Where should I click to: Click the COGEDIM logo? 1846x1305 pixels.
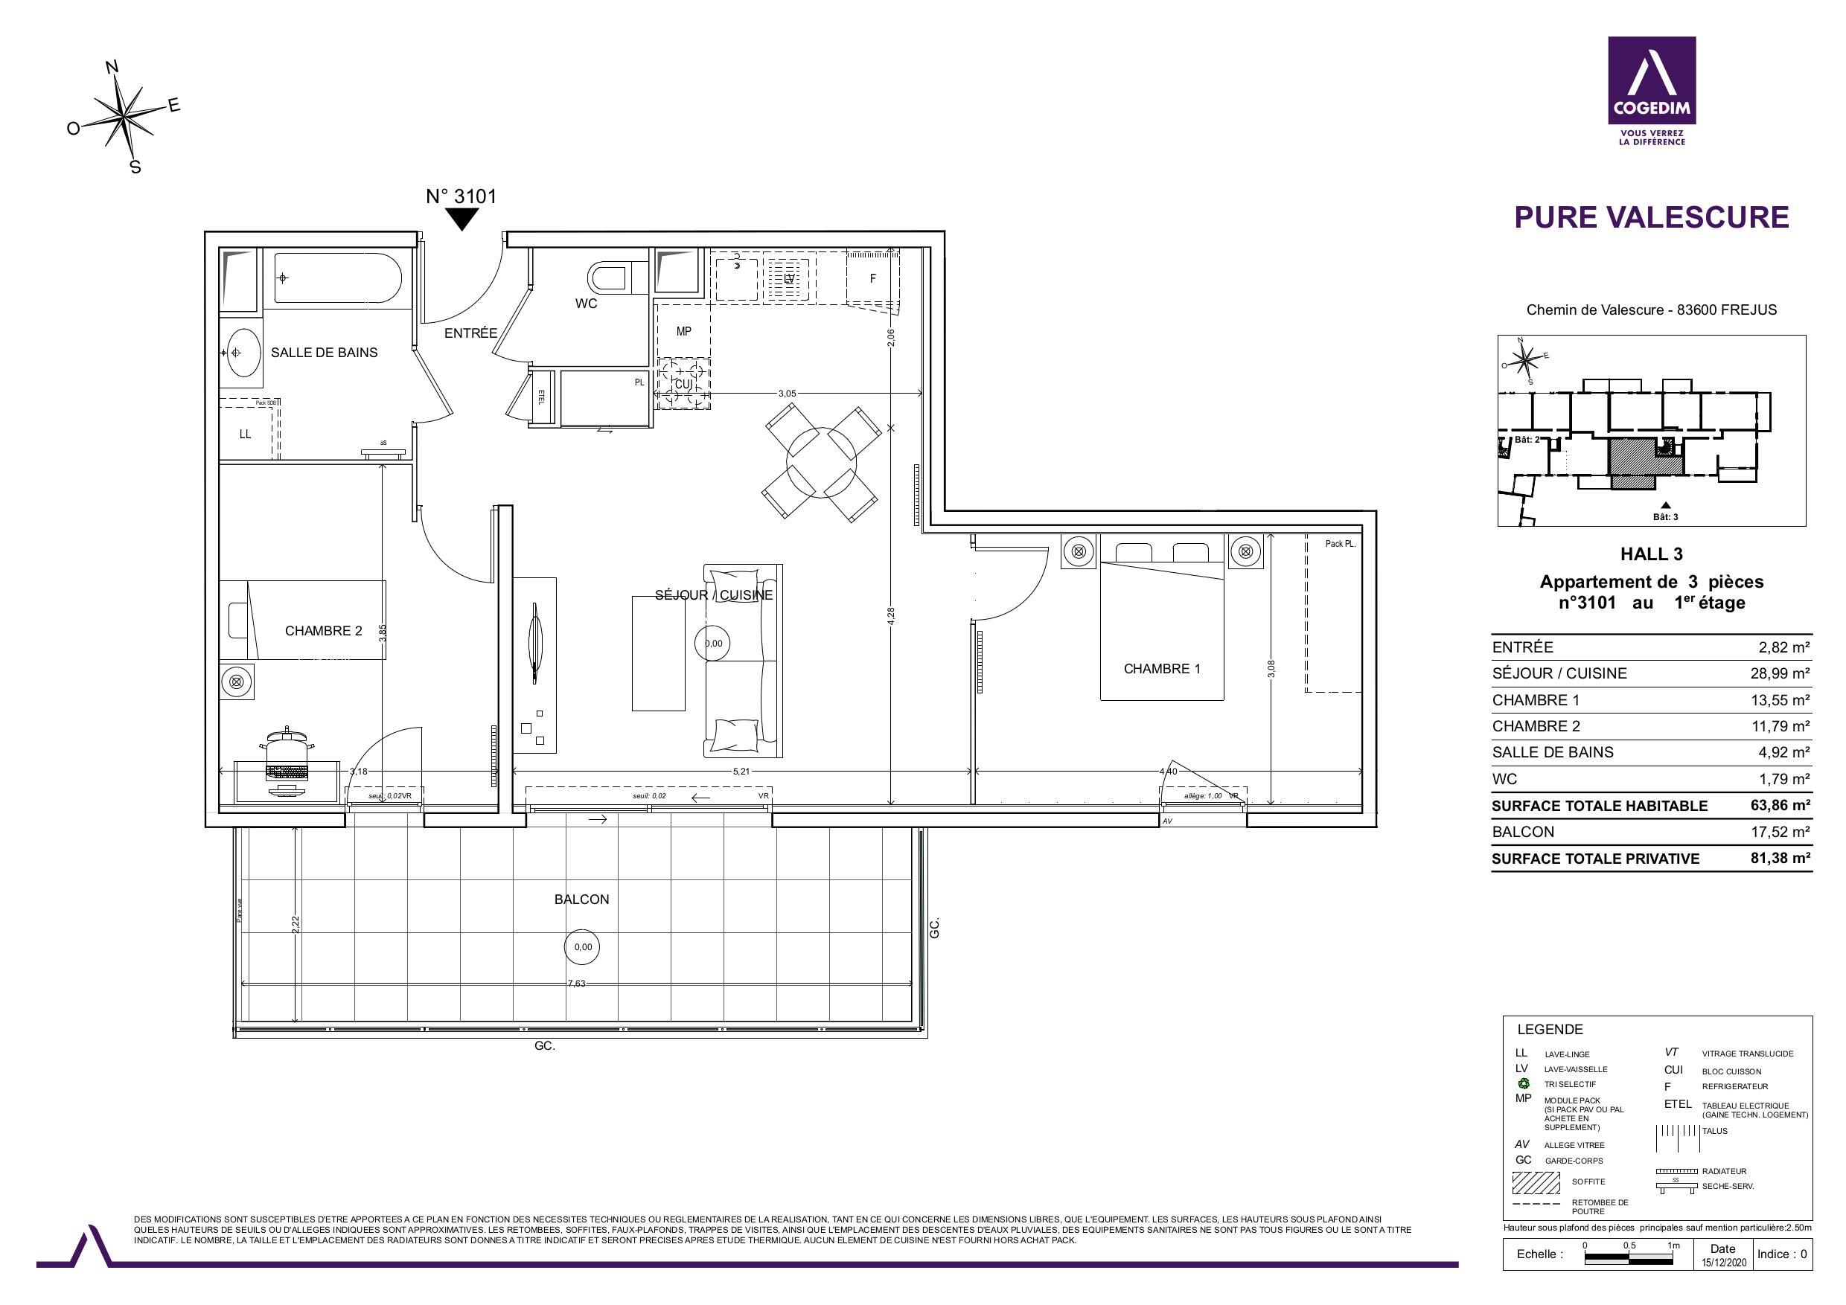point(1652,91)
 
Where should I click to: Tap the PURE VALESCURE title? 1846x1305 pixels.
point(1652,217)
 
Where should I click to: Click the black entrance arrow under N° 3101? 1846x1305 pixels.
point(461,219)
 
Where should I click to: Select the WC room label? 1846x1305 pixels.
point(585,304)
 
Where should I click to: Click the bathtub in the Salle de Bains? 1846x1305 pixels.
point(338,278)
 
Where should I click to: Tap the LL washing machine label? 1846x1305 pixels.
point(245,434)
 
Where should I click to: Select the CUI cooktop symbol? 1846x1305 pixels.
point(683,383)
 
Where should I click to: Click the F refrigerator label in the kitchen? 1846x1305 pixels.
point(872,279)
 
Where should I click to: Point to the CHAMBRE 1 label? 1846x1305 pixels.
point(1162,669)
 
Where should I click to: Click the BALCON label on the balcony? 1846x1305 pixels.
point(581,900)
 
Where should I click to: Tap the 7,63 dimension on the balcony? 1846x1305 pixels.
point(576,983)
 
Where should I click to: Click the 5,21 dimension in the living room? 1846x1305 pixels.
point(741,772)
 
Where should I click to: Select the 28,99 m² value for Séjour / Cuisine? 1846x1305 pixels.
point(1779,673)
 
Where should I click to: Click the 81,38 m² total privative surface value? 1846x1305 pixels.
point(1779,857)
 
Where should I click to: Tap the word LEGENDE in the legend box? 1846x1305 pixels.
point(1549,1030)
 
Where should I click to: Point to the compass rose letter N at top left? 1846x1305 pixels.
point(112,68)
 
